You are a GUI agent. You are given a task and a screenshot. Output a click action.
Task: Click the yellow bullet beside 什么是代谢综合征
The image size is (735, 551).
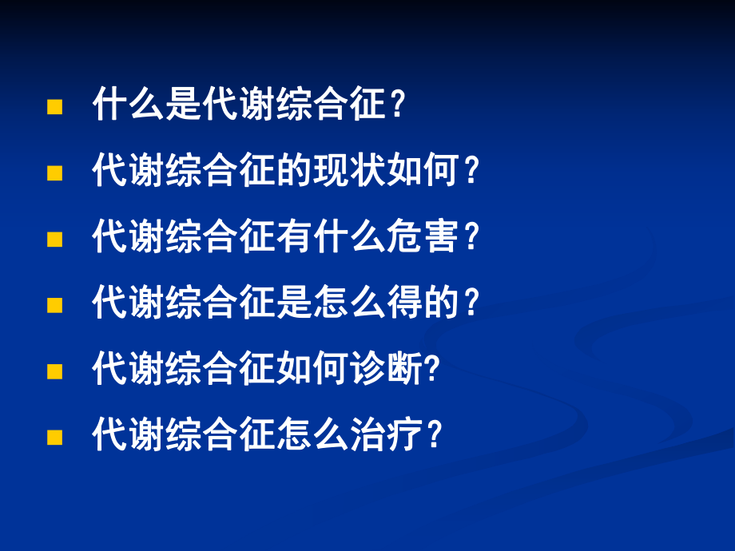[54, 107]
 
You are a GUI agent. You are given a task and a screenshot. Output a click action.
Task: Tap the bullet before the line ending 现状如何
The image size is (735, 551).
[54, 172]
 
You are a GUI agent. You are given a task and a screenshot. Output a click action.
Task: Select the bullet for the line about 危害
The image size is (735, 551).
[54, 239]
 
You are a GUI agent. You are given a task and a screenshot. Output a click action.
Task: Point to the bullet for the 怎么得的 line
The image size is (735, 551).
[54, 305]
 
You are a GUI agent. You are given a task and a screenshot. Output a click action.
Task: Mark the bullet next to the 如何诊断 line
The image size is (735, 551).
[54, 371]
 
